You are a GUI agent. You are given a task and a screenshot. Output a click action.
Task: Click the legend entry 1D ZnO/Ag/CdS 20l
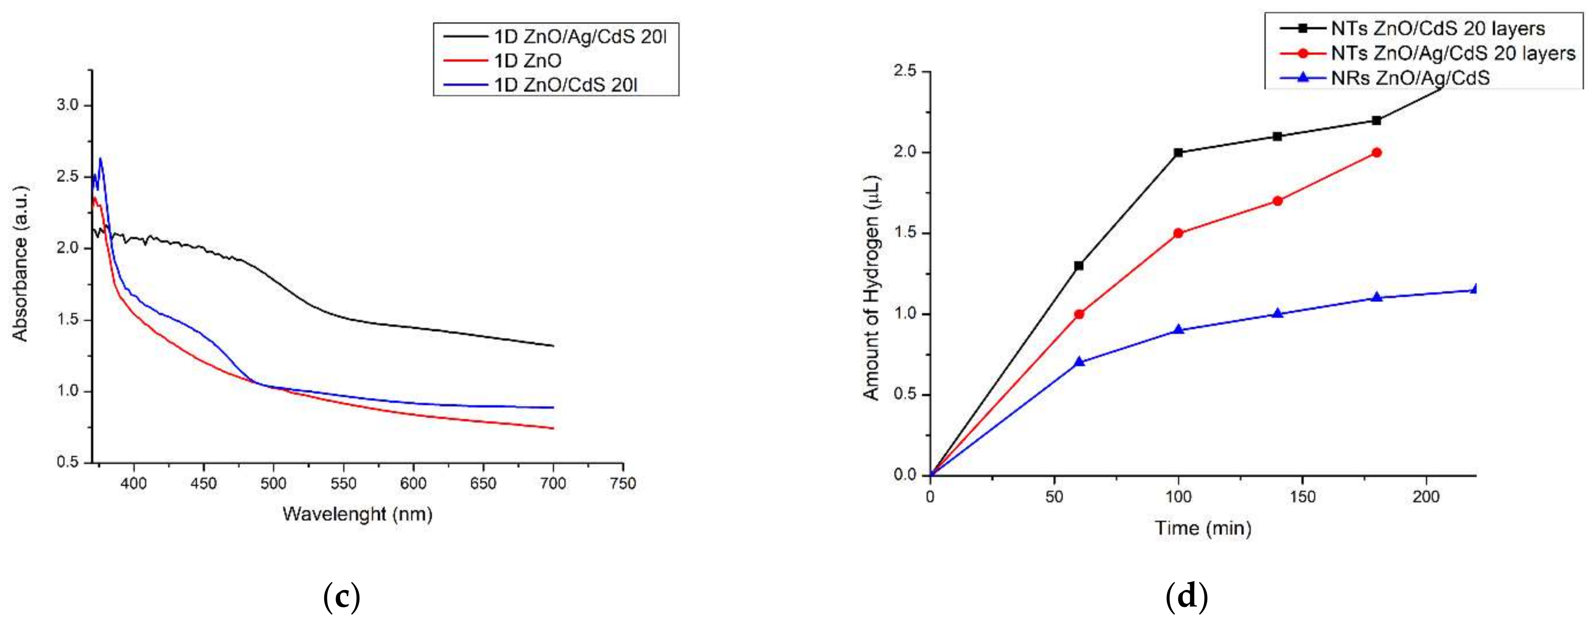coord(579,36)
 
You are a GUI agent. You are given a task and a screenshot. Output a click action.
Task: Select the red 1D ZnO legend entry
coord(528,61)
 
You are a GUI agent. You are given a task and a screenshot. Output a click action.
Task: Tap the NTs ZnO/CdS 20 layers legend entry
coord(1437,28)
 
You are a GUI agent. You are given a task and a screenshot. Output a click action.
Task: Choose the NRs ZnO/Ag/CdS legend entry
coord(1410,78)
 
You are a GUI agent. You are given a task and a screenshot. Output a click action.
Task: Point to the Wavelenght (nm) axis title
coord(357,514)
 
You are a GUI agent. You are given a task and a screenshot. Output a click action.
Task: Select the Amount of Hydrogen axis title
coord(871,287)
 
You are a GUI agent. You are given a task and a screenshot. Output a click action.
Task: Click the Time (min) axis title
coord(1202,528)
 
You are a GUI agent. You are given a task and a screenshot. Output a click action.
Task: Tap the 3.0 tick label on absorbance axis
coord(67,105)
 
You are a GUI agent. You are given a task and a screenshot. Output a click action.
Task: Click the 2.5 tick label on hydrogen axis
coord(906,72)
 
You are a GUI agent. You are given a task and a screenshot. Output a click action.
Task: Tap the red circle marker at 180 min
coord(1376,152)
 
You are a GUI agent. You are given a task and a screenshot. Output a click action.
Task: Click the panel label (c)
coord(342,598)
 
